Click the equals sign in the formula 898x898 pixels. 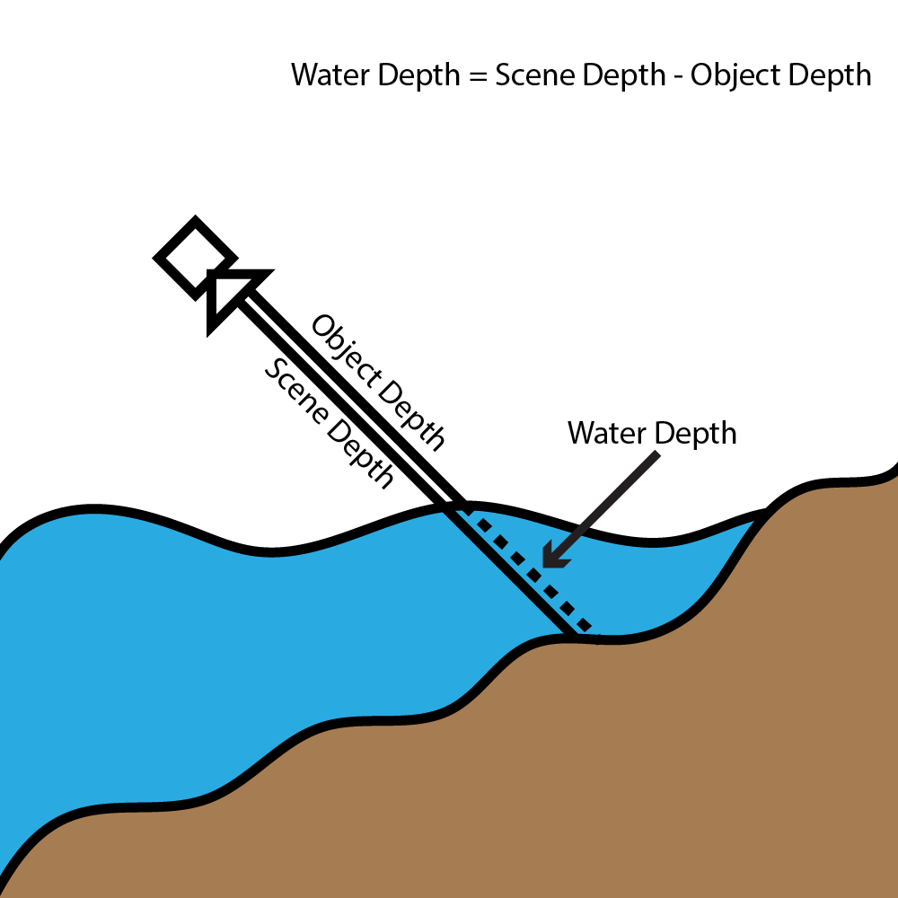click(478, 75)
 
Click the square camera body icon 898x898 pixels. click(190, 256)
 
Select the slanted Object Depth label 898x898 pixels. click(378, 382)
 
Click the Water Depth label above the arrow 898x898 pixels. click(652, 434)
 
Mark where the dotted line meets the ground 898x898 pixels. click(589, 629)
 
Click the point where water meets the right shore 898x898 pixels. click(766, 512)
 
